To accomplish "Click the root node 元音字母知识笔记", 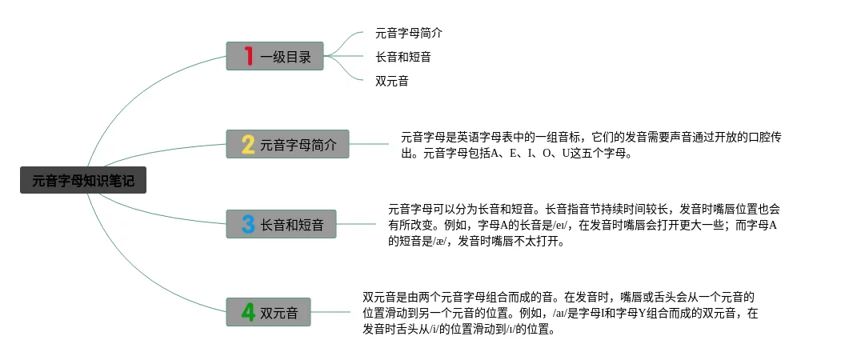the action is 83,182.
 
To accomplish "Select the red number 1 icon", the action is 249,57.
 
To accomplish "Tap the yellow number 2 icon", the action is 248,145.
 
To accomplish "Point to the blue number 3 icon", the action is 248,224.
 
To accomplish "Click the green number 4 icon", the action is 248,311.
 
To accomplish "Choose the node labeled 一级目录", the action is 285,57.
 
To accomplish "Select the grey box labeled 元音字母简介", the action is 298,145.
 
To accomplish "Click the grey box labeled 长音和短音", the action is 291,224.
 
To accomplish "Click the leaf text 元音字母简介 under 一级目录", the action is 408,34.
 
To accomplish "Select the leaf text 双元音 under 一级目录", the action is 392,81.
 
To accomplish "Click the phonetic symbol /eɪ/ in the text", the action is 566,225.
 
